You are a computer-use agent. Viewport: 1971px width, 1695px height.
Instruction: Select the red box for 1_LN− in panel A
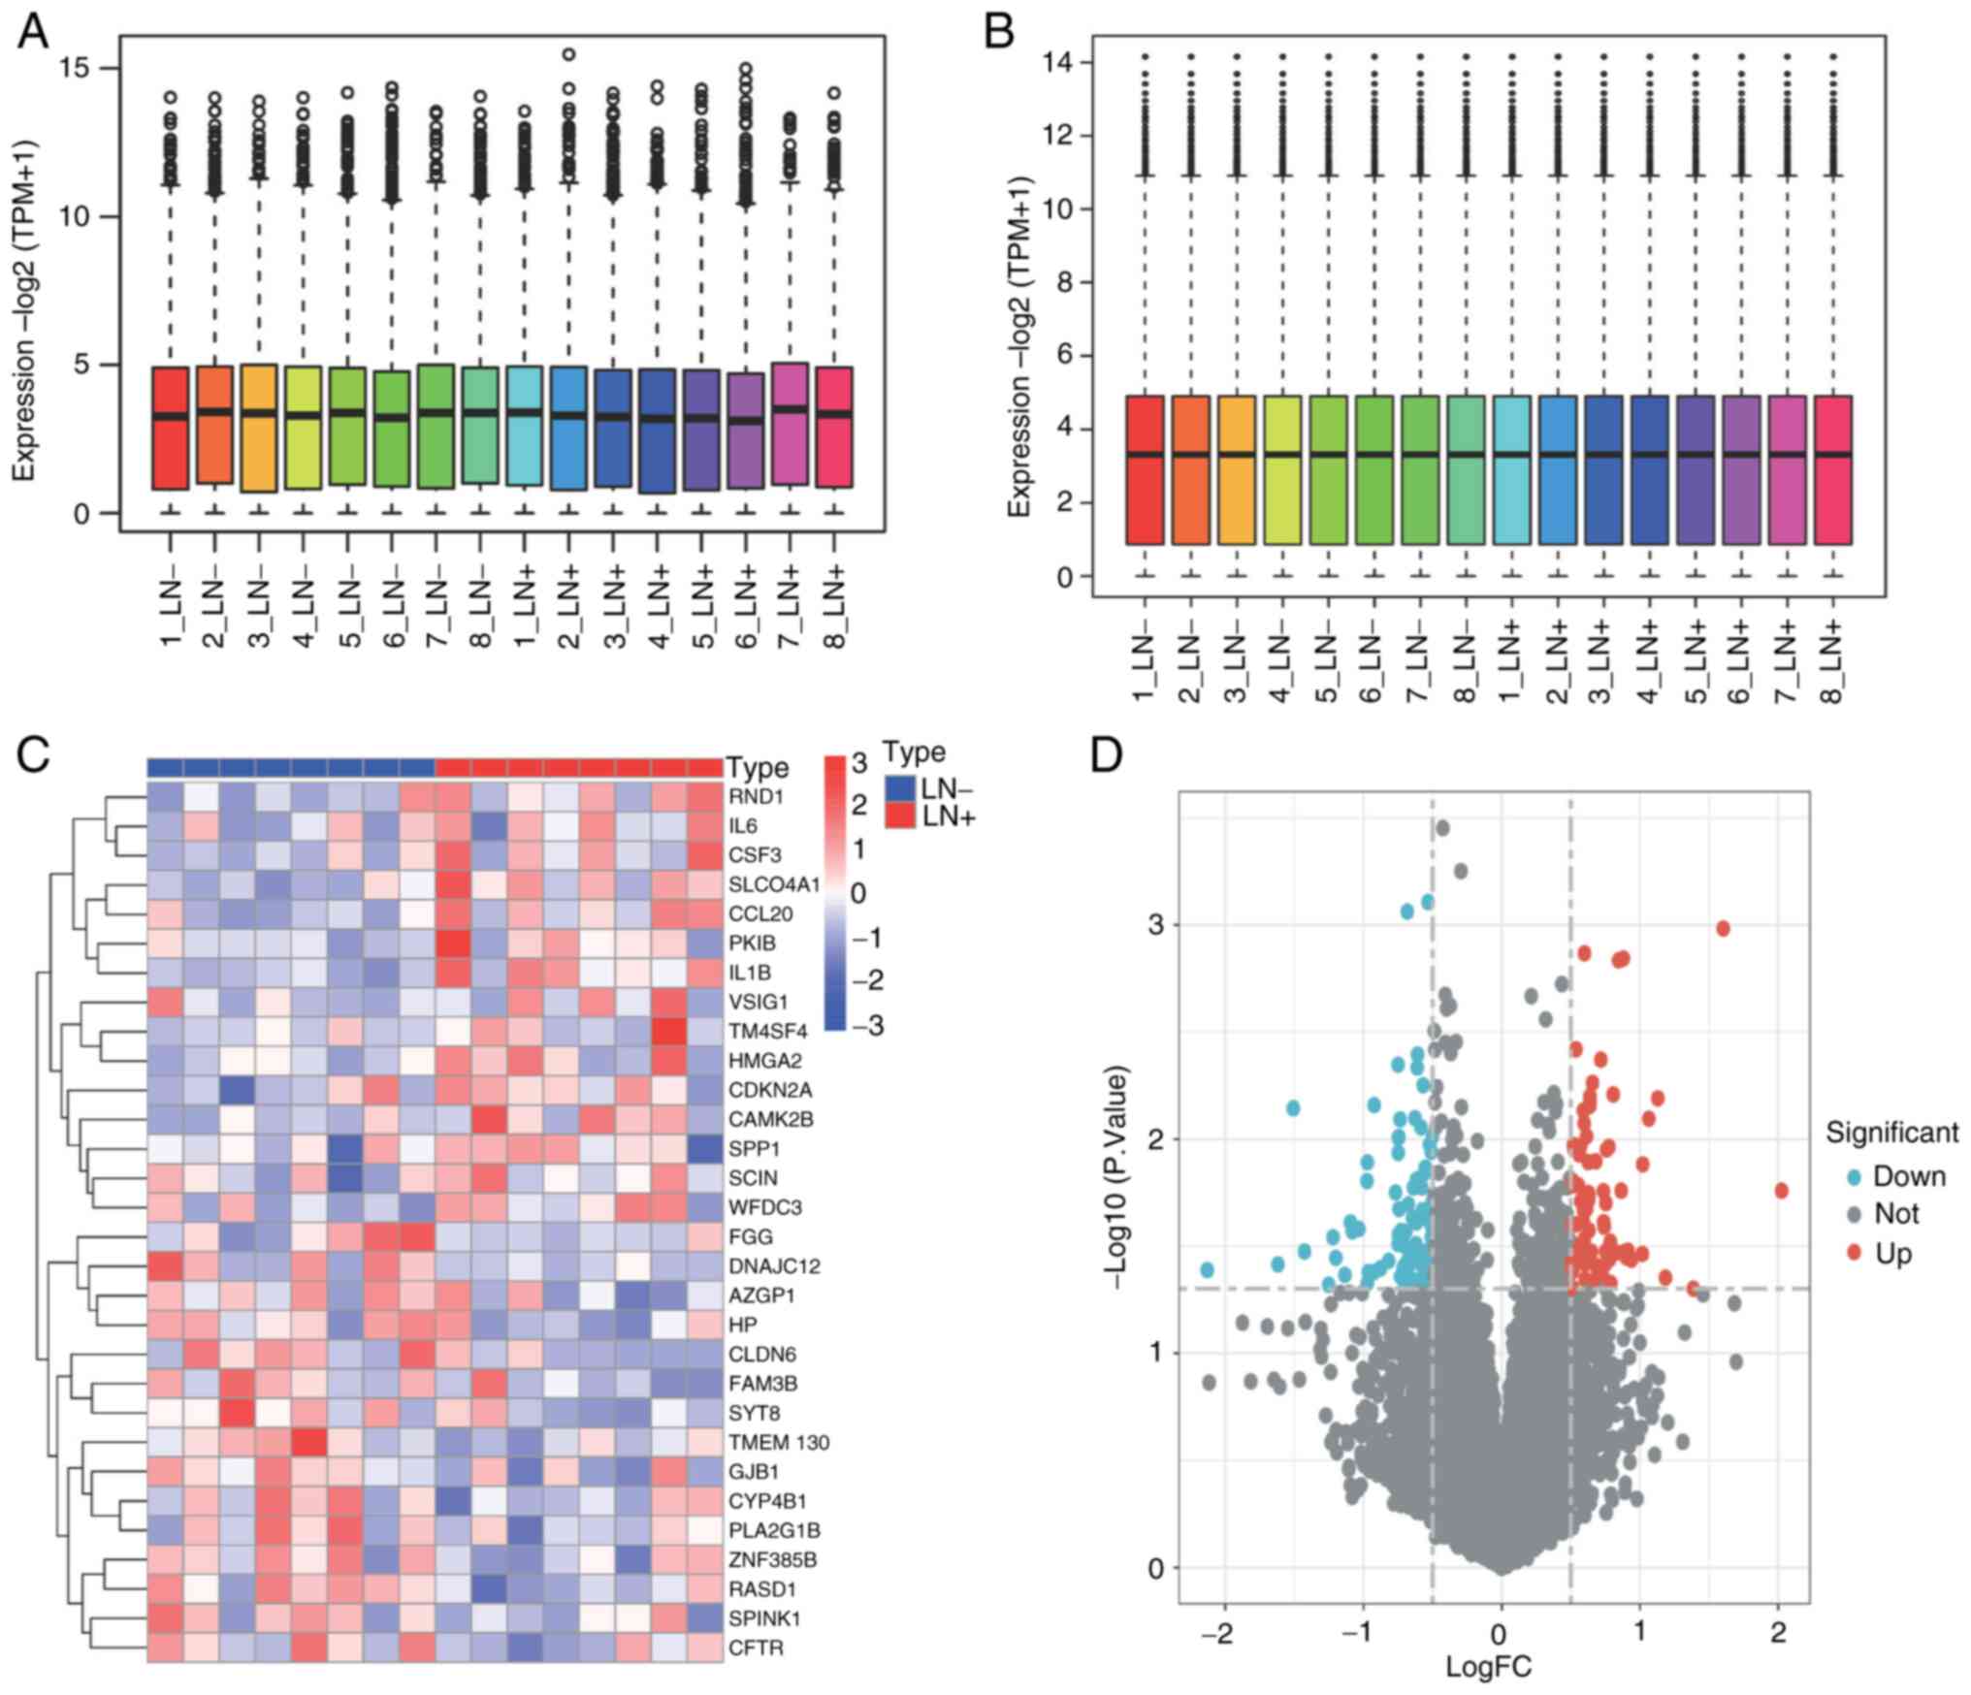pos(170,428)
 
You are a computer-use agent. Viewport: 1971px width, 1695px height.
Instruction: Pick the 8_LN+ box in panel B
pos(1832,469)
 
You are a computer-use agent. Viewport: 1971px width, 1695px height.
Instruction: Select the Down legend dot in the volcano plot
pos(1853,1177)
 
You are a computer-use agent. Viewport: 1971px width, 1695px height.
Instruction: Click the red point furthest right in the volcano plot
pos(1781,1191)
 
